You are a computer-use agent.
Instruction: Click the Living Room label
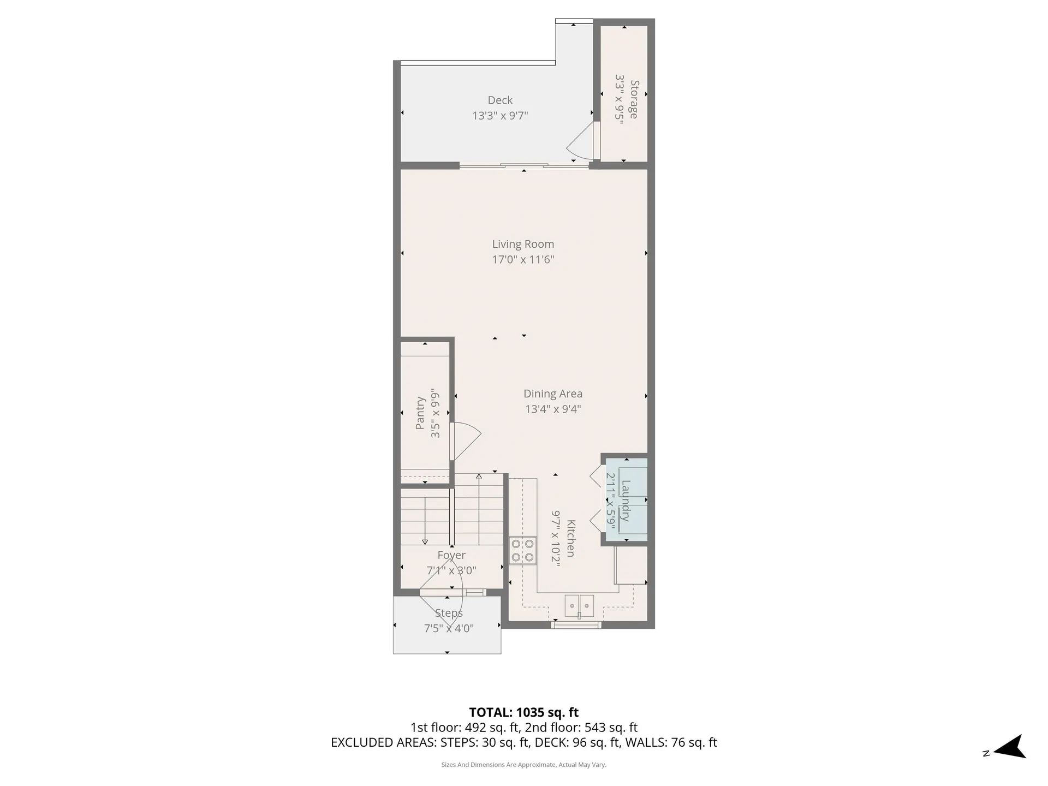[523, 244]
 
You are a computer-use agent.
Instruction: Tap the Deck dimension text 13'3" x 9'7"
[500, 116]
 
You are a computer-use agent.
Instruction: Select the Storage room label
[634, 99]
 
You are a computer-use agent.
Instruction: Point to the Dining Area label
[553, 394]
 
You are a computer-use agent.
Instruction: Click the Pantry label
[420, 413]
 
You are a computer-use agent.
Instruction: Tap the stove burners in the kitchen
[522, 550]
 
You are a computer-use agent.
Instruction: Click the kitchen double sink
[579, 606]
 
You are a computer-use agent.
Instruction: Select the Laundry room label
[626, 501]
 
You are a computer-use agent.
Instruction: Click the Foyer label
[451, 555]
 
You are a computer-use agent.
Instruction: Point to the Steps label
[449, 613]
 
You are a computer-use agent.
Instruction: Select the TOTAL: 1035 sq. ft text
[524, 712]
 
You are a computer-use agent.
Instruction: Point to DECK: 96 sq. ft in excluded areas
[577, 742]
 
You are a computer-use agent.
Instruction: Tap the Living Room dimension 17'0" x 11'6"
[523, 259]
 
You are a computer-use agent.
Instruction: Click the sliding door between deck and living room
[524, 165]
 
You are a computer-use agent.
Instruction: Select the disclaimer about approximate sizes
[524, 765]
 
